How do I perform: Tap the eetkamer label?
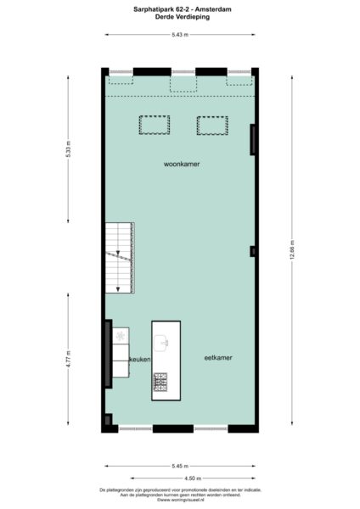[218, 358]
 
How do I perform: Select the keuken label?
[139, 361]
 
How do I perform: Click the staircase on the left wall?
[119, 256]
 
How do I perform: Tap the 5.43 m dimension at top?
[179, 34]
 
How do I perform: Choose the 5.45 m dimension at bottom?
[179, 466]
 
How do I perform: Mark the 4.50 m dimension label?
[179, 479]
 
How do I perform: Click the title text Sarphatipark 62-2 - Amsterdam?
[179, 8]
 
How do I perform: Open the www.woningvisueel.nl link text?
[179, 500]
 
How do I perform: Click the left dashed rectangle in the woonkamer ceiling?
[154, 125]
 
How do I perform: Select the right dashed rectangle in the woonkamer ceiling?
[211, 125]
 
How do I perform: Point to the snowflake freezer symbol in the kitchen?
[121, 337]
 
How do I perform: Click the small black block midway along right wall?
[252, 251]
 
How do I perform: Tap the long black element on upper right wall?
[252, 140]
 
